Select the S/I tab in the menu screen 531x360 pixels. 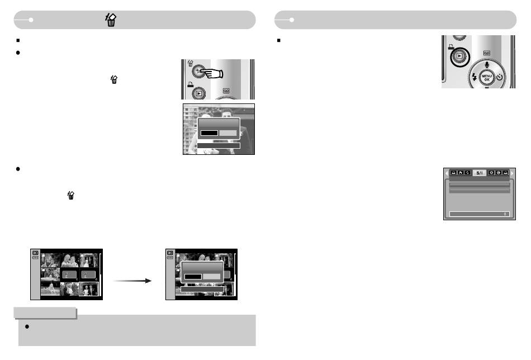tap(480, 174)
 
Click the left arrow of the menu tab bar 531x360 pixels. tap(446, 174)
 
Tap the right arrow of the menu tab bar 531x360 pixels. tap(513, 174)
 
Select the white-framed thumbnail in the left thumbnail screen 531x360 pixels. tap(89, 288)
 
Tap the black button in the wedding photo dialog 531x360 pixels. tap(209, 133)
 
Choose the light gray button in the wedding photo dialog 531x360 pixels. tap(228, 133)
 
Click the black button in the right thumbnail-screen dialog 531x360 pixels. tap(193, 276)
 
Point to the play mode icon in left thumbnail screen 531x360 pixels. tap(36, 253)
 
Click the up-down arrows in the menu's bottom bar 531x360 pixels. tap(505, 214)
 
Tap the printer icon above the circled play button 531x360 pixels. tap(451, 46)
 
